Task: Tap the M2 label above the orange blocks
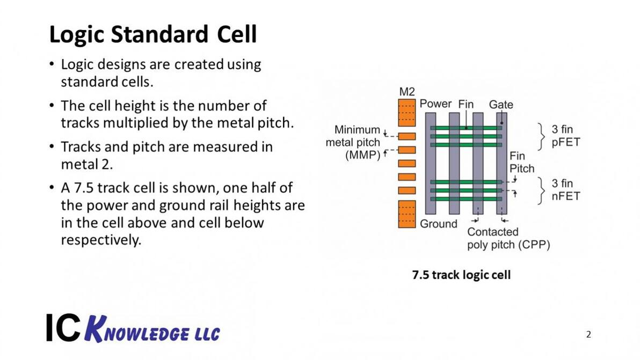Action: coord(407,92)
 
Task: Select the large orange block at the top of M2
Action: coord(407,112)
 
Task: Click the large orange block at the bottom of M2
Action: coord(407,214)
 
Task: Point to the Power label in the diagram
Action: coord(435,104)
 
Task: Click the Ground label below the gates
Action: coord(439,224)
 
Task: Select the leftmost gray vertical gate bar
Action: coord(431,163)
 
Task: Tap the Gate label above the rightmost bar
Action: coord(500,105)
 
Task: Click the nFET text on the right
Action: coord(566,196)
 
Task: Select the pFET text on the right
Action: coord(566,143)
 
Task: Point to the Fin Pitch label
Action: coord(521,162)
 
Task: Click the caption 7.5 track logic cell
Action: coord(461,275)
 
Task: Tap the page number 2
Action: coord(588,335)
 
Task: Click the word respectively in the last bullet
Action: coord(100,240)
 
